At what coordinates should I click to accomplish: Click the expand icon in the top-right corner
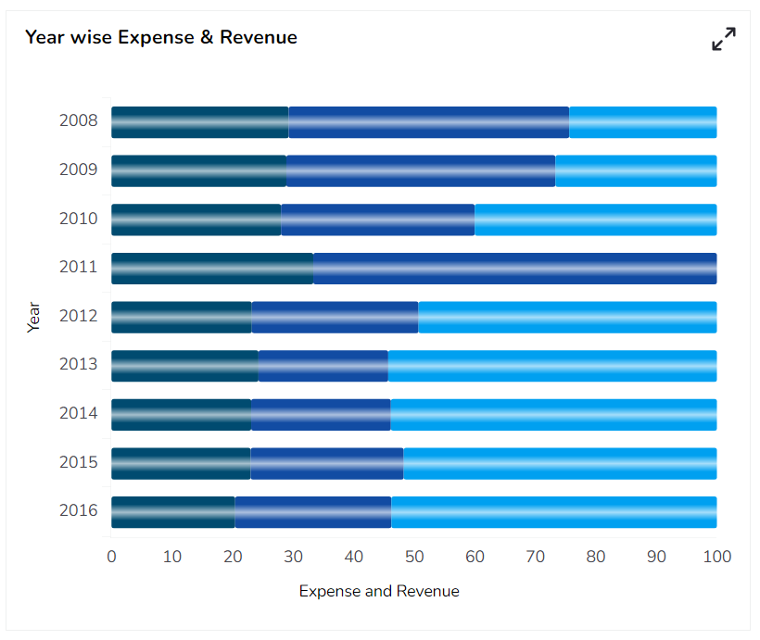click(x=723, y=39)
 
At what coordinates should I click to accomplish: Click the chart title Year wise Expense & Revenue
click(x=160, y=37)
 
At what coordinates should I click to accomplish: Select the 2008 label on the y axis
click(x=79, y=121)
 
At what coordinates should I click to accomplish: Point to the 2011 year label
click(x=79, y=268)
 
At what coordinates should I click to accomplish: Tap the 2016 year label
click(x=79, y=510)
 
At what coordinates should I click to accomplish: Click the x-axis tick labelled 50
click(x=414, y=557)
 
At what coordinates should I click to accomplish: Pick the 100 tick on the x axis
click(x=716, y=557)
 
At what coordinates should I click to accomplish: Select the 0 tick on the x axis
click(x=111, y=557)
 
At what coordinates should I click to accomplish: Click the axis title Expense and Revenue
click(x=379, y=591)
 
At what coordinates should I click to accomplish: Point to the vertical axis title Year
click(x=34, y=317)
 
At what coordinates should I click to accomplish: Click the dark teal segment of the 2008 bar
click(x=199, y=122)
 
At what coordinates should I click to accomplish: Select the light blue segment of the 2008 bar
click(x=642, y=122)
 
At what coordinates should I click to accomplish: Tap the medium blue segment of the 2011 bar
click(x=514, y=268)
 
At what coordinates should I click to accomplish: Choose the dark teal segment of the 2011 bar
click(x=211, y=268)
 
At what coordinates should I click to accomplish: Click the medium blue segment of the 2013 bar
click(x=323, y=365)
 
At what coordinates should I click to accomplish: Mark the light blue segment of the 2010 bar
click(x=595, y=220)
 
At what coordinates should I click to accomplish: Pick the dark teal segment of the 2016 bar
click(x=172, y=511)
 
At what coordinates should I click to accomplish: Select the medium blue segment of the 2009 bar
click(x=420, y=170)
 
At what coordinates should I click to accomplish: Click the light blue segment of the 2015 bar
click(x=560, y=462)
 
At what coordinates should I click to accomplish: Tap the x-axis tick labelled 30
click(x=293, y=557)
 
